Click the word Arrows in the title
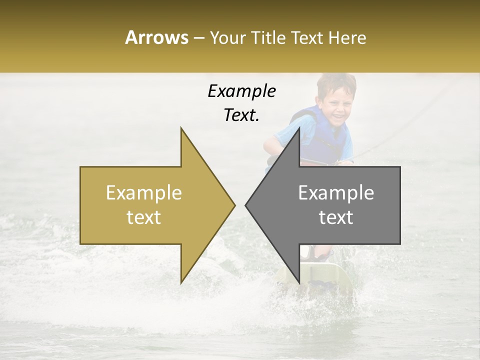[156, 37]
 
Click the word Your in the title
[228, 38]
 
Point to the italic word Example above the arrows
[241, 91]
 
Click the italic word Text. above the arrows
[241, 115]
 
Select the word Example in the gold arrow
[144, 193]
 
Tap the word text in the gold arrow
[144, 217]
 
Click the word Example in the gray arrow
[336, 193]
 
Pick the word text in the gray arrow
[336, 217]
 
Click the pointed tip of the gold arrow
[234, 205]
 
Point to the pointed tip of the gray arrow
[246, 205]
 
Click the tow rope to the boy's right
[400, 130]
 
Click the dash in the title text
[198, 38]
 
